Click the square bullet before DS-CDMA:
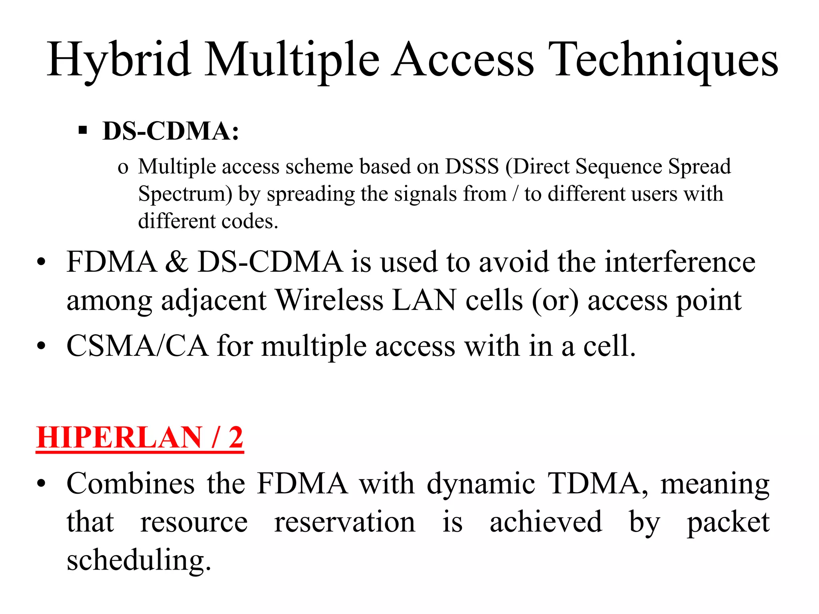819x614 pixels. tap(83, 130)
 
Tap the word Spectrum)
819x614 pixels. tap(185, 194)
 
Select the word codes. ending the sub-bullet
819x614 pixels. tap(250, 221)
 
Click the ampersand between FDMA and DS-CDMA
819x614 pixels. tap(177, 262)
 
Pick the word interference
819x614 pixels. tap(680, 262)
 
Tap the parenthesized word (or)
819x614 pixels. tap(555, 301)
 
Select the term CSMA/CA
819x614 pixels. tap(137, 346)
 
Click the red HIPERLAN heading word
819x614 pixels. tap(119, 437)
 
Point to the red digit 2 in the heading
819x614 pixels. tap(236, 437)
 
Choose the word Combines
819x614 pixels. tap(131, 484)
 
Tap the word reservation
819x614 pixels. tap(345, 522)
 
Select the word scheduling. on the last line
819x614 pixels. tap(139, 560)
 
